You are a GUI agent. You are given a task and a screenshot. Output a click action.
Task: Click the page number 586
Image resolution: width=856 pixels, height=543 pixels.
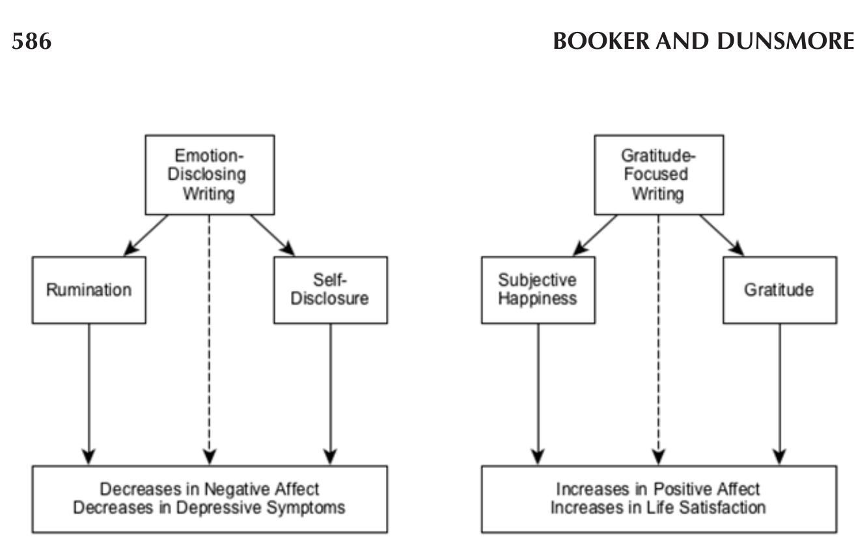[32, 42]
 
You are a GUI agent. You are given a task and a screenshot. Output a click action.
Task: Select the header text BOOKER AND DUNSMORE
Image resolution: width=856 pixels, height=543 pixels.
[703, 42]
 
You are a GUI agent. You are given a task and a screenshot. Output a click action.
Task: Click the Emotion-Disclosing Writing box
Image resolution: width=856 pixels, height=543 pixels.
[210, 174]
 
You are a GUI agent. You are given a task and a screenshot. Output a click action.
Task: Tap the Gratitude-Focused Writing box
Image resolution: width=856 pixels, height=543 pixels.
[658, 174]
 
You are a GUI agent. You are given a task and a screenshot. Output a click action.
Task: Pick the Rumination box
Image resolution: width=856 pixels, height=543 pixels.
[89, 290]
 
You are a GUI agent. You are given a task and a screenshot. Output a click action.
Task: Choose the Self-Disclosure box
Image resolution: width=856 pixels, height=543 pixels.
[330, 290]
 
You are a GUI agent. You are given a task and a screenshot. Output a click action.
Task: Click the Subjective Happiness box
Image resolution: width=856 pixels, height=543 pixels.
[538, 290]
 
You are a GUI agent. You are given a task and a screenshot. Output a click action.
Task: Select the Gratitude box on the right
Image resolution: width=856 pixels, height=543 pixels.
[779, 290]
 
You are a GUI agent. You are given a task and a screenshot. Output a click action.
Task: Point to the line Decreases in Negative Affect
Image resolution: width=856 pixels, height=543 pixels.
[210, 489]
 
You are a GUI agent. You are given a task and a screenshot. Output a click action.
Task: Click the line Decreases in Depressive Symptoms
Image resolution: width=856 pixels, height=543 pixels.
[210, 508]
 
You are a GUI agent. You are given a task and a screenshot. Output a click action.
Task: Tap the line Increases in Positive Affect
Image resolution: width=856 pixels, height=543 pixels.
[658, 489]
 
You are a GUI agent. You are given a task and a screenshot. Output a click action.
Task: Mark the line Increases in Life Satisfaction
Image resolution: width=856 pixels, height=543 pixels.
[658, 508]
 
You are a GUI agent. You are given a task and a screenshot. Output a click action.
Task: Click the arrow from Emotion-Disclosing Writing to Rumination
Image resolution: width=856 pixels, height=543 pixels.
[146, 234]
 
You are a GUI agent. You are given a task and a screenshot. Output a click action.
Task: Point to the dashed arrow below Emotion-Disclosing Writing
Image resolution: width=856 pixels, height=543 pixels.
[209, 339]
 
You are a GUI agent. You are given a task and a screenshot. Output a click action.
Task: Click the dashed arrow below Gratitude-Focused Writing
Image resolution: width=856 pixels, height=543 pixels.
[658, 339]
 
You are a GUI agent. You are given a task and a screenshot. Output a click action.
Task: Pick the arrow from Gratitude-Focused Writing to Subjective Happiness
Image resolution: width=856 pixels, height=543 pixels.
[595, 234]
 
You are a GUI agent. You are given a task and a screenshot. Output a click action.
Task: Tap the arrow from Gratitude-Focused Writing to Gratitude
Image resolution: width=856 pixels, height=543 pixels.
[721, 234]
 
